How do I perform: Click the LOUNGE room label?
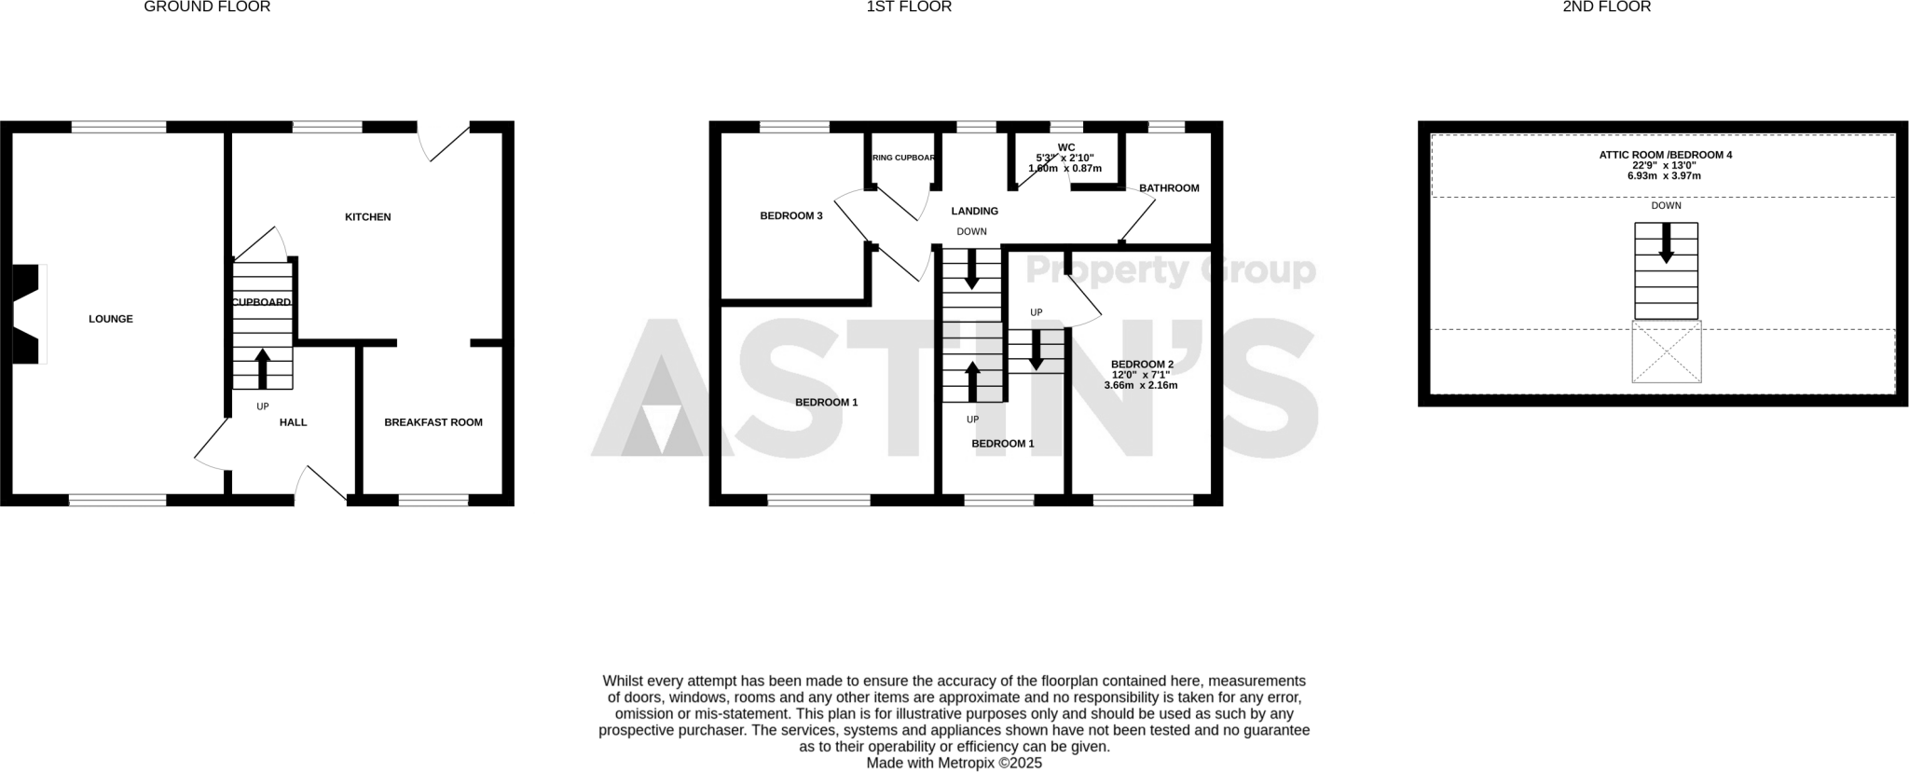click(111, 319)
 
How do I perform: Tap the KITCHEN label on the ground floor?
click(368, 217)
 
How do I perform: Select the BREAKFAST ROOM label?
click(433, 422)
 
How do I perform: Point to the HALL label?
click(293, 422)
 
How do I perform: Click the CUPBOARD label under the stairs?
click(261, 302)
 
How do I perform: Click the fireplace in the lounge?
click(28, 314)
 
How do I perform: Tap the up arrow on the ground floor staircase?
click(262, 367)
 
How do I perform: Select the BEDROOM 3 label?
click(791, 216)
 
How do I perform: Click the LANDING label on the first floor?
click(974, 212)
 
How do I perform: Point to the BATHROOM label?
click(1169, 188)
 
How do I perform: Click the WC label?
click(1066, 147)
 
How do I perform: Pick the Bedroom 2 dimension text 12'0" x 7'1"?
click(1141, 375)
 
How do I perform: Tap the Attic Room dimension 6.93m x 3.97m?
click(1664, 176)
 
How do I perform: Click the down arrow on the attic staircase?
click(1666, 243)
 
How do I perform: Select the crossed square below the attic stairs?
click(1666, 352)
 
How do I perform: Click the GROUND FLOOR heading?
click(207, 7)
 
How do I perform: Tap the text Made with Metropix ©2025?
click(954, 763)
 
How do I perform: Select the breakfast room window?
click(433, 501)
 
